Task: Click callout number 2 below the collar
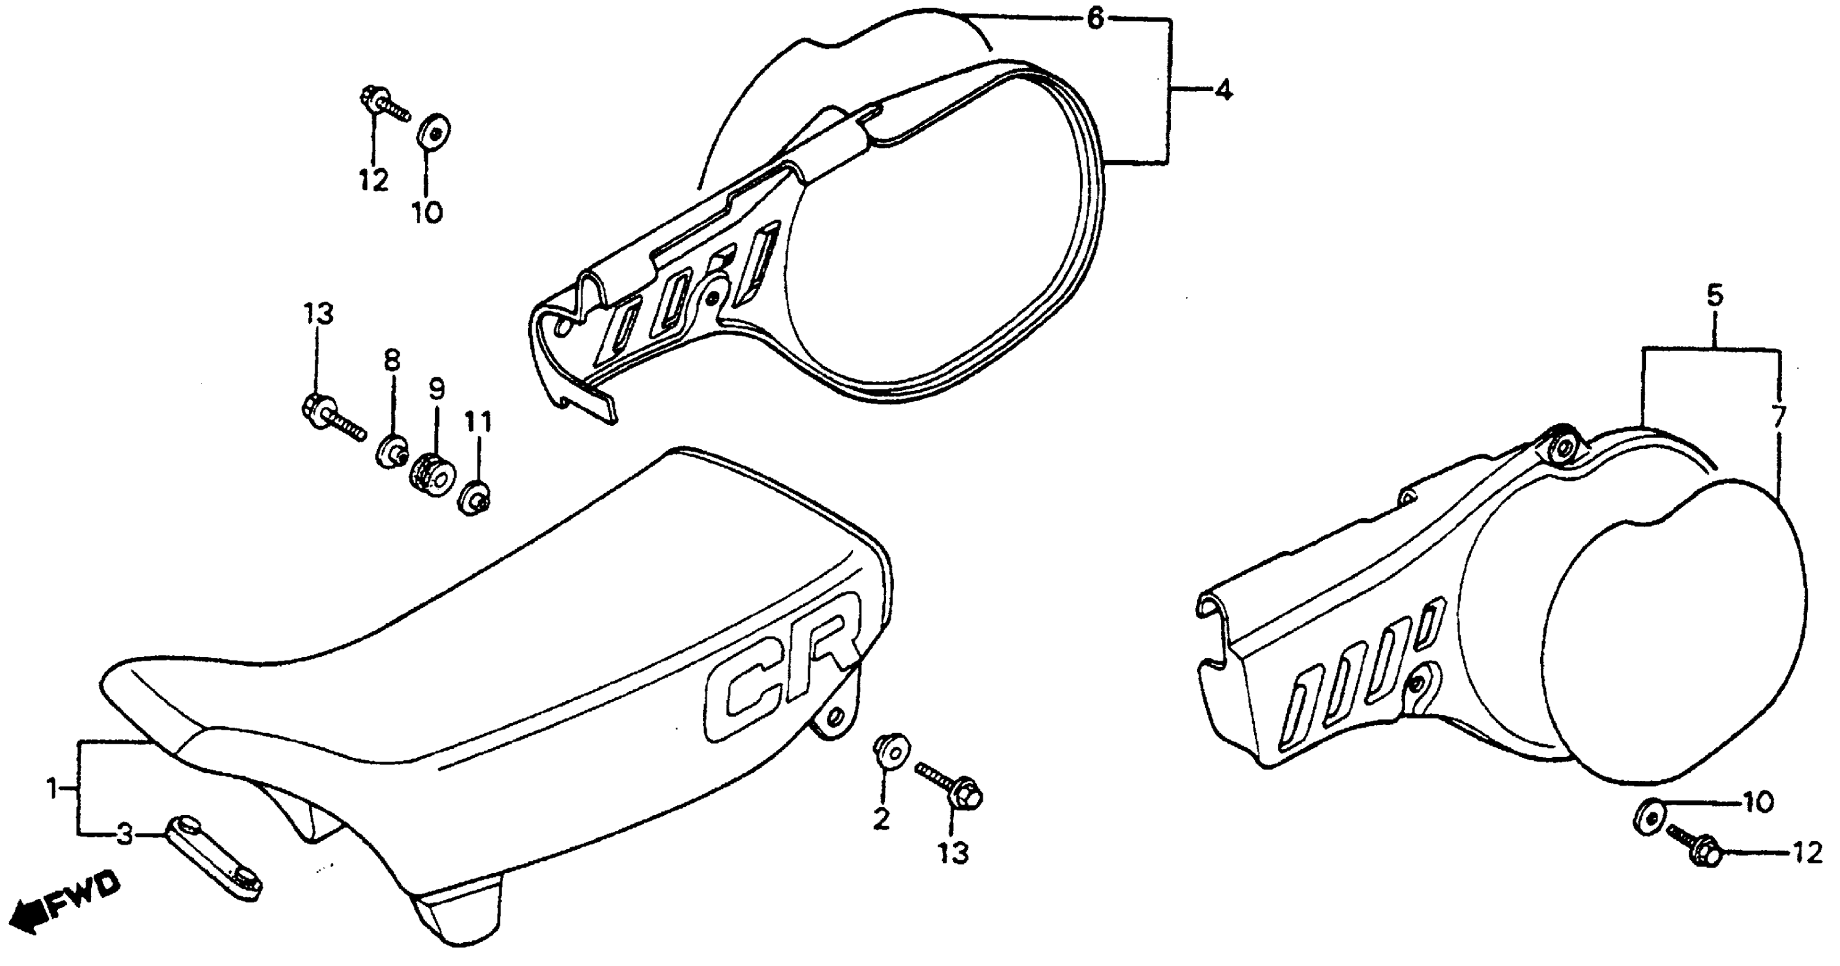882,820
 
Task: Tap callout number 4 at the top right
1223,91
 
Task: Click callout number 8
392,361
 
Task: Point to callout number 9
436,389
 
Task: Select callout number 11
479,423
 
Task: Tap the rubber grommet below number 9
430,472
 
